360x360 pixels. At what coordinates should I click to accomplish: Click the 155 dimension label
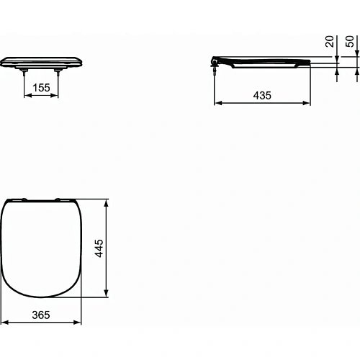[42, 87]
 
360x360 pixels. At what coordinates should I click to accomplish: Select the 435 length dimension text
[262, 95]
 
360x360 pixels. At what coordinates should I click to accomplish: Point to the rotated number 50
[350, 42]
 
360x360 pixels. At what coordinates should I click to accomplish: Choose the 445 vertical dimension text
[100, 247]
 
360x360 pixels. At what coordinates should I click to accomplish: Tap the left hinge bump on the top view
[22, 198]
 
